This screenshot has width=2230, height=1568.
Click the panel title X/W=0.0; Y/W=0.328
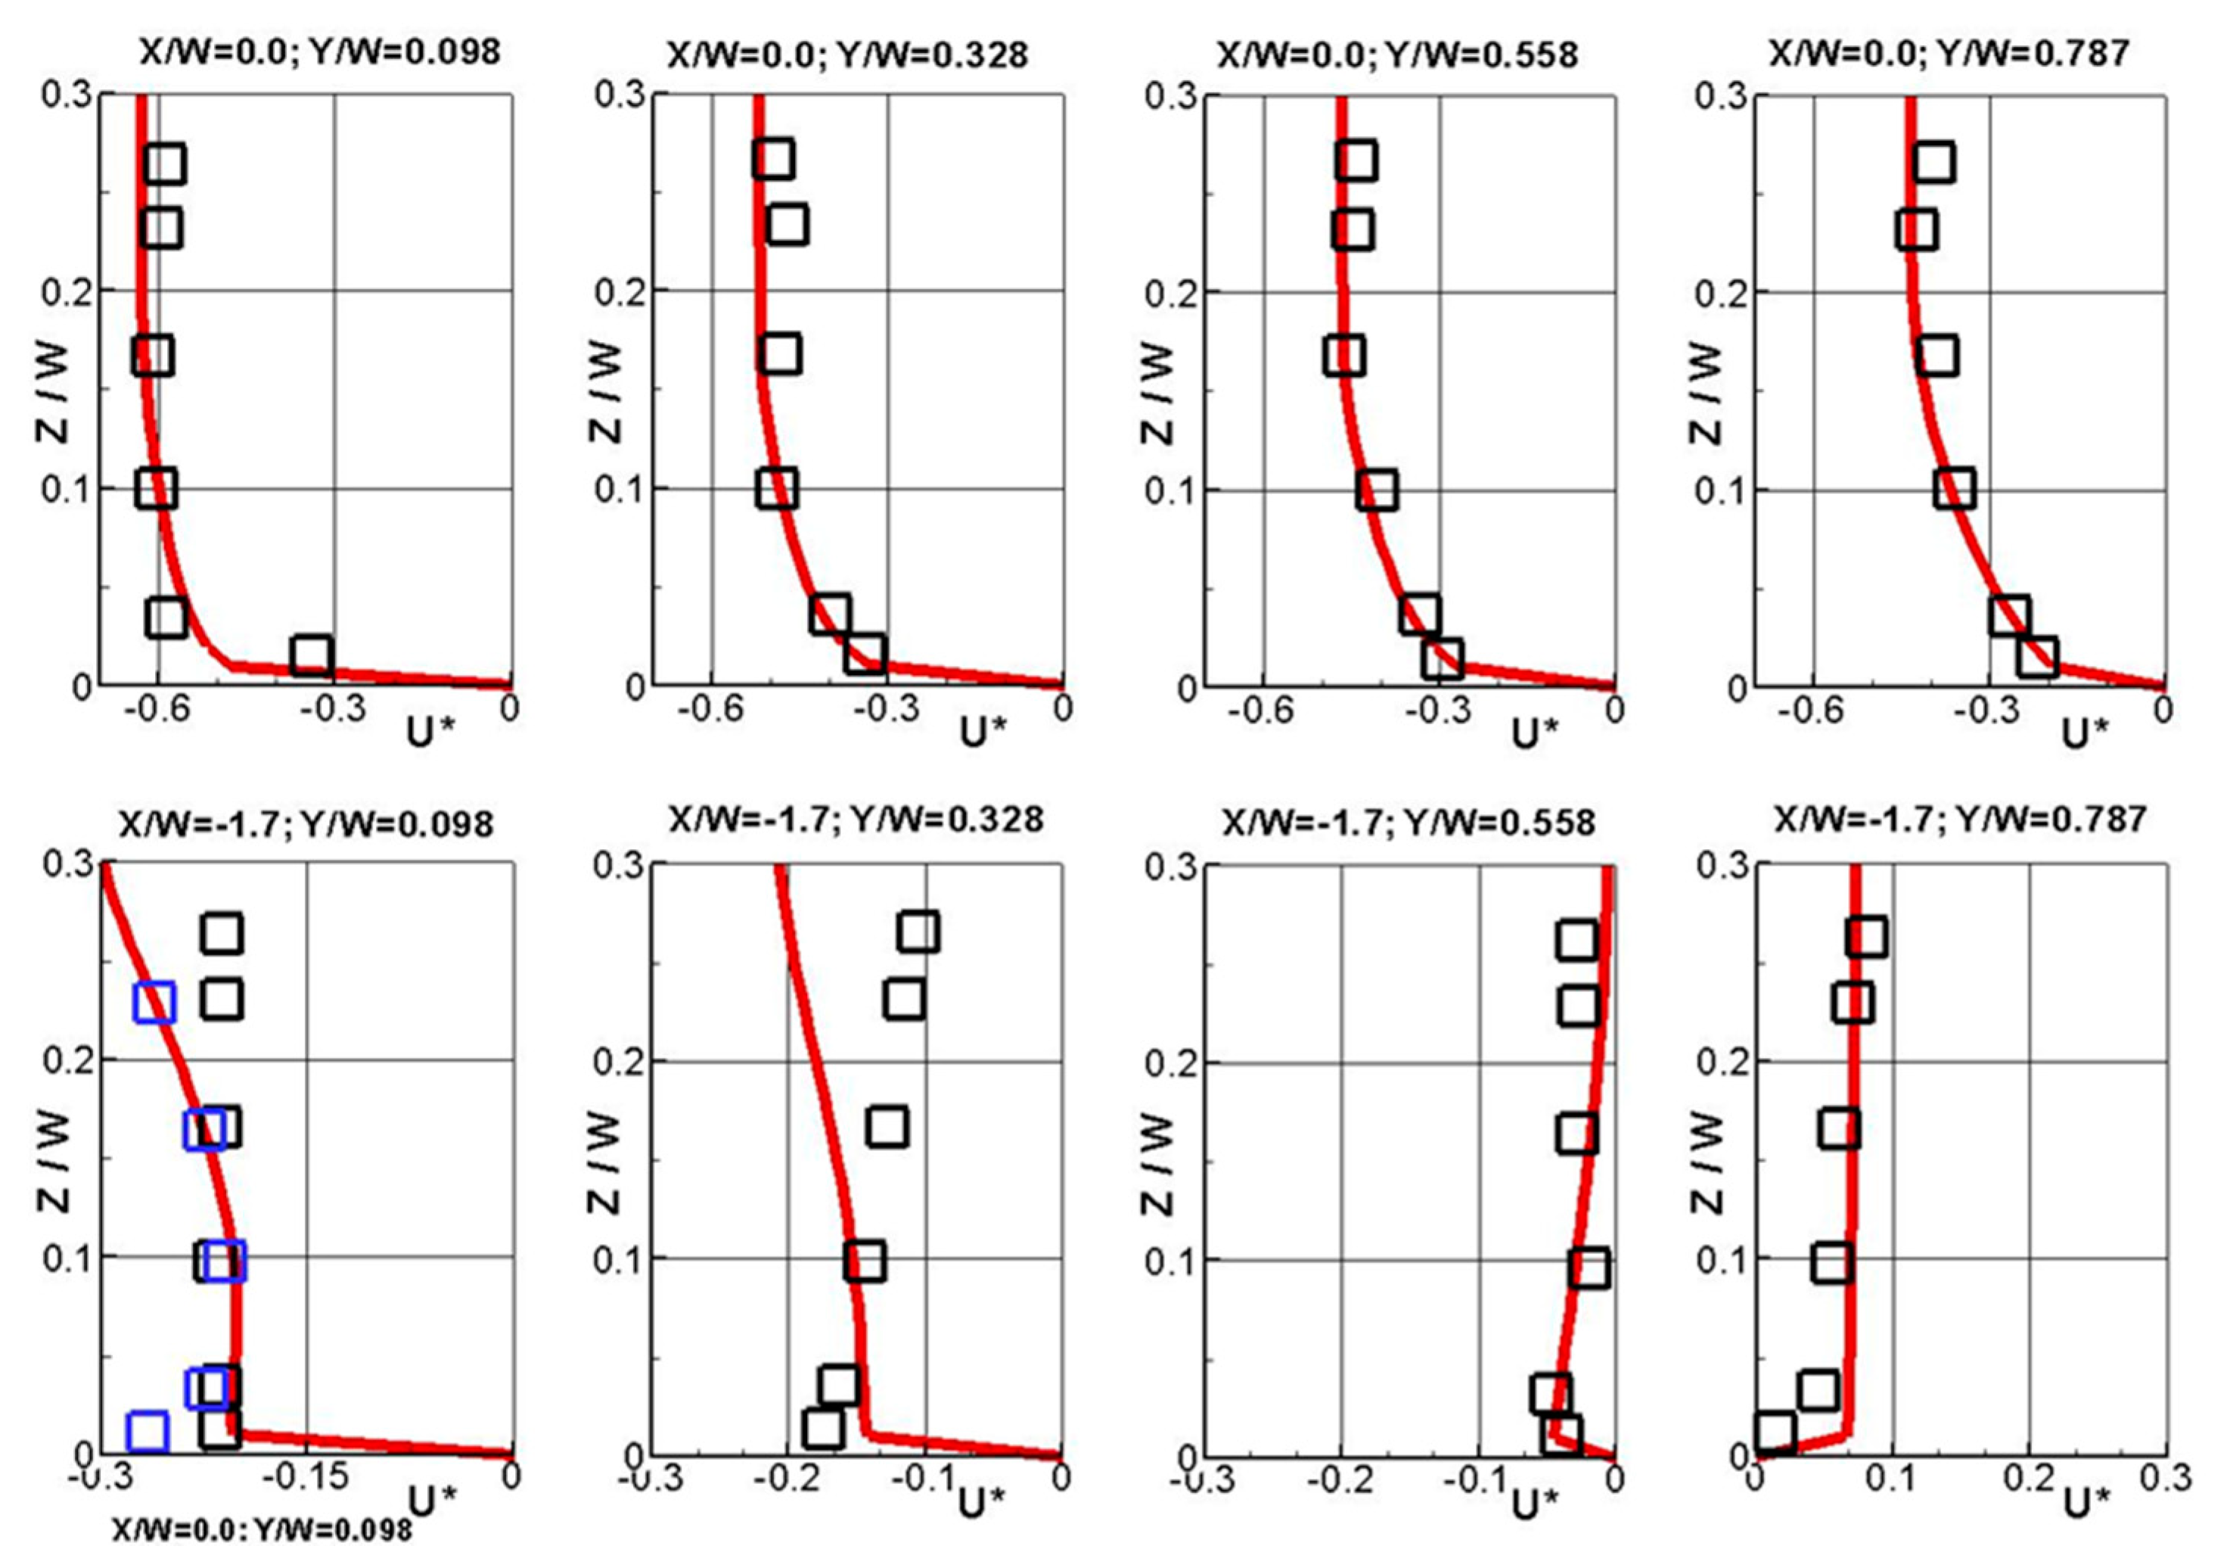[x=847, y=54]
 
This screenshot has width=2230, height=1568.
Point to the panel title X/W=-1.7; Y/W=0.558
[x=1409, y=823]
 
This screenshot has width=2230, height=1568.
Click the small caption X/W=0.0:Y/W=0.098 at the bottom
[x=262, y=1529]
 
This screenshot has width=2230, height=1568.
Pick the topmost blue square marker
[x=154, y=1003]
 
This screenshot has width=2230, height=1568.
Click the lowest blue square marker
[x=148, y=1430]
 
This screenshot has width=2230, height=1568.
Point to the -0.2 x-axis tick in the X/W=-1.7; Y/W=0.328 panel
[x=784, y=1479]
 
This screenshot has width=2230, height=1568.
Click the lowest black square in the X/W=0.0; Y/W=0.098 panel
[x=312, y=656]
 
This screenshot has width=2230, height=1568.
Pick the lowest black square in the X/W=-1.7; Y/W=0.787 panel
[x=1775, y=1432]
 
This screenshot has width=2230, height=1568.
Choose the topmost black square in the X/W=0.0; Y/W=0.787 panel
[x=1935, y=162]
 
